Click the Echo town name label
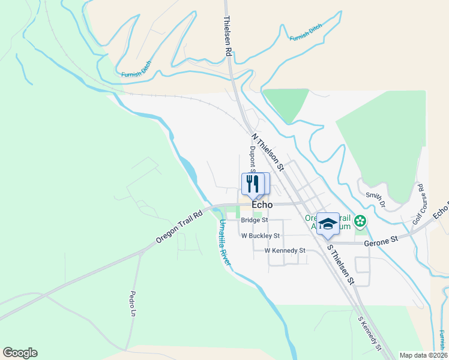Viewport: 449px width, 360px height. [262, 205]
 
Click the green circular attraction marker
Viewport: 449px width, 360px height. [360, 222]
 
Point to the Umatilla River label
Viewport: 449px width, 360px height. [226, 239]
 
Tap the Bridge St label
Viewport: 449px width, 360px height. [254, 220]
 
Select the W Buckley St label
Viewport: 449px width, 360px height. [261, 236]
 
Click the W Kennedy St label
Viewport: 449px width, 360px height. [285, 250]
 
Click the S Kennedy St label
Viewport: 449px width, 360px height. [369, 334]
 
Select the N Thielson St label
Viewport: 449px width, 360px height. [268, 149]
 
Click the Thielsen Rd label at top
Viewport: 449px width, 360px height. [228, 37]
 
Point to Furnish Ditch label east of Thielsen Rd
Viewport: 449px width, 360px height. [306, 33]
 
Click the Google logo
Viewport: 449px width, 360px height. [20, 353]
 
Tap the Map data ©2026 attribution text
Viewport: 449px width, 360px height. [423, 355]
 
